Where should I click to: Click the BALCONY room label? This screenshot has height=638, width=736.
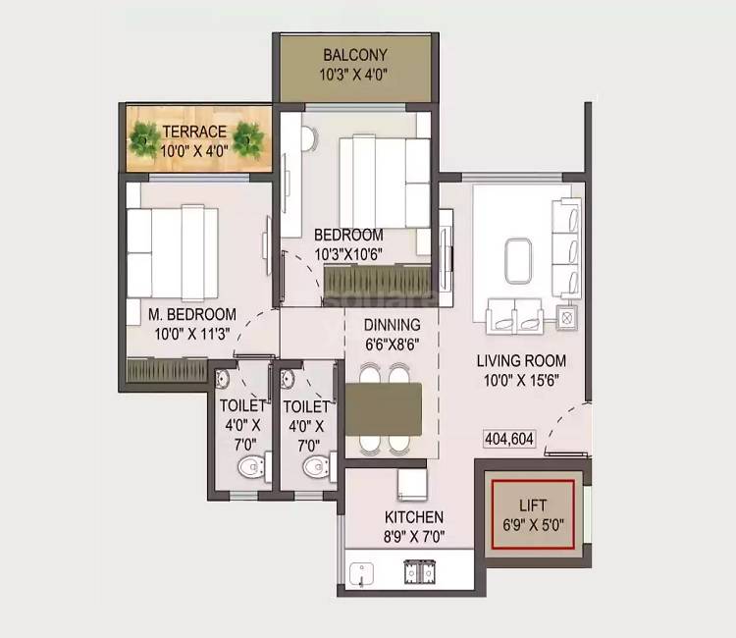(354, 55)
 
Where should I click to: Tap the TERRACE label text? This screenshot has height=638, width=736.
(194, 132)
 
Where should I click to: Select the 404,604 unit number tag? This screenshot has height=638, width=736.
(508, 440)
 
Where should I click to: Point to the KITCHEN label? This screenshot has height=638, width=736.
(413, 517)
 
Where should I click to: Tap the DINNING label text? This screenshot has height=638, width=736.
(392, 325)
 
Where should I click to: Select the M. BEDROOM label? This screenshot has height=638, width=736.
(192, 314)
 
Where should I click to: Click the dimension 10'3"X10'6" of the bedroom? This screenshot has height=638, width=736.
(347, 254)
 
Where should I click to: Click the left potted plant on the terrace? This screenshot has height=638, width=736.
(145, 140)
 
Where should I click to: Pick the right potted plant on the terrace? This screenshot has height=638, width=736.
(248, 140)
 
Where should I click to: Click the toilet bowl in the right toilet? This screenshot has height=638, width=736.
(313, 465)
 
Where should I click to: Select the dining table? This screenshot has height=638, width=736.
(384, 406)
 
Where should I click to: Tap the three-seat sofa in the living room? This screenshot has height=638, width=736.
(566, 247)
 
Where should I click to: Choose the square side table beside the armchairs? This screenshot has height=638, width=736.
(566, 316)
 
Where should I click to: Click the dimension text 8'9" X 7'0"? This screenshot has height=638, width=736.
(413, 536)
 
